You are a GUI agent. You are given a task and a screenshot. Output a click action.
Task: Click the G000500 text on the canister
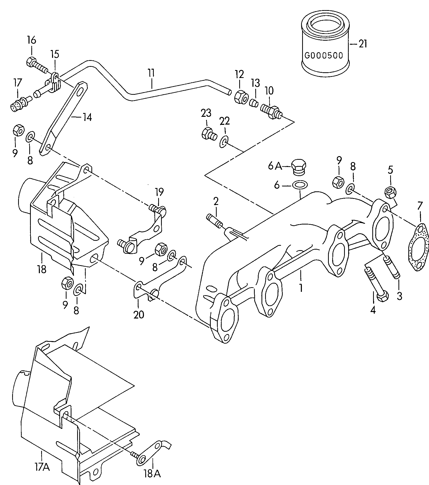pos(323,55)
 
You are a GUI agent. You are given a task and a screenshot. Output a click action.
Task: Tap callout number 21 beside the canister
pos(363,44)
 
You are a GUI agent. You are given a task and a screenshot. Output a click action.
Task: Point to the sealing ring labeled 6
pos(299,185)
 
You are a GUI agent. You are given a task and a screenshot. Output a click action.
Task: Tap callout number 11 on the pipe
pos(151,73)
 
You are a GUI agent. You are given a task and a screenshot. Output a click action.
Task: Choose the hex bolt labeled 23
pos(208,133)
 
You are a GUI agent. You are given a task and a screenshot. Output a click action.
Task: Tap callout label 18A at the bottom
pos(153,474)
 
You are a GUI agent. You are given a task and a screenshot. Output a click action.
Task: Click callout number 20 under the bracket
pos(139,315)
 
